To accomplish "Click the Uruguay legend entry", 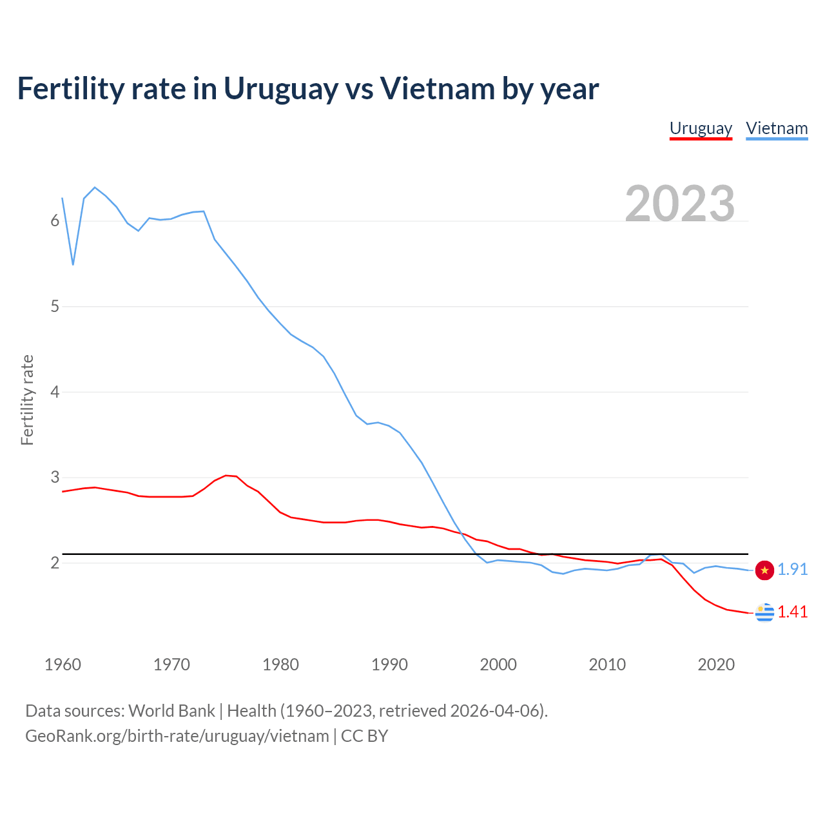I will coord(701,128).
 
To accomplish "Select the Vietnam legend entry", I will coord(777,128).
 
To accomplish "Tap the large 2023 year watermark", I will coord(680,204).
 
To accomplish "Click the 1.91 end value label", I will coord(792,569).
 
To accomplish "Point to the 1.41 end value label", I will coord(792,612).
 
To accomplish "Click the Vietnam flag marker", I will coord(764,570).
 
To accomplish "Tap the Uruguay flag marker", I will coord(764,612).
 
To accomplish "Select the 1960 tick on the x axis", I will coord(63,665).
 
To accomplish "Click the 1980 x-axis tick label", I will coord(280,665).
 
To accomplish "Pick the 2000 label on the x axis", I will coord(498,665).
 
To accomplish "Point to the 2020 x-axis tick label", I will coord(716,665).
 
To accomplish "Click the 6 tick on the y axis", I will coord(55,221).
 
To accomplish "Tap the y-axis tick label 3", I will coord(55,478).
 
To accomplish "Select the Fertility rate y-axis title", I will coord(27,400).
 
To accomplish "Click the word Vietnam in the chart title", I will coord(437,89).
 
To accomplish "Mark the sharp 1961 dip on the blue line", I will coord(73,264).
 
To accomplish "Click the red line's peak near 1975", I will coord(226,476).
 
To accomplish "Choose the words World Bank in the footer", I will coord(171,711).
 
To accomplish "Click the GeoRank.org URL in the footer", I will coord(177,736).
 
